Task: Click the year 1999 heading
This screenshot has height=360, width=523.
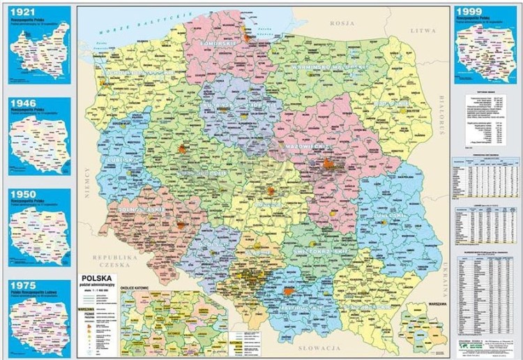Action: (x=468, y=11)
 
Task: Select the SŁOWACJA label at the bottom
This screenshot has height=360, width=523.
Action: (x=316, y=347)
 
